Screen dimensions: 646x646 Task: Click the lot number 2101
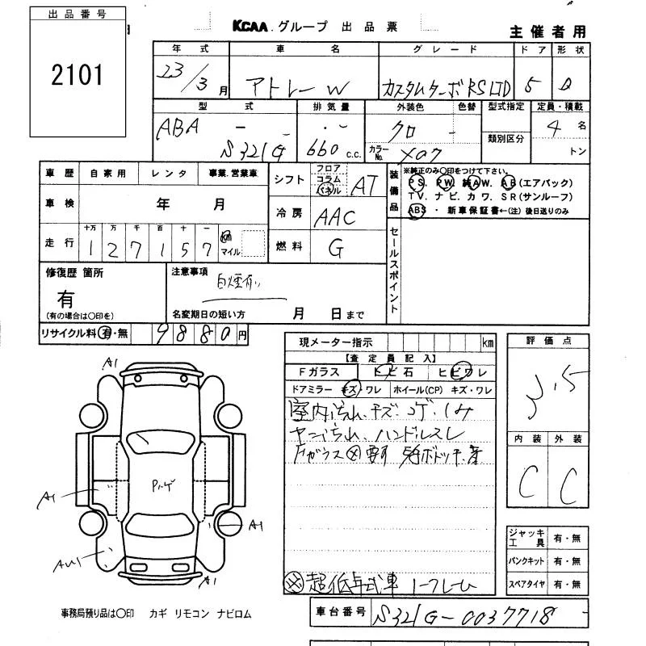78,77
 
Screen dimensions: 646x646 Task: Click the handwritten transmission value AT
363,186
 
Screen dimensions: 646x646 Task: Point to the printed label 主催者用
547,32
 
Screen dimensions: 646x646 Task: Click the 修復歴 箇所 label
74,273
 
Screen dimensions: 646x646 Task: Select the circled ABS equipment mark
417,211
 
